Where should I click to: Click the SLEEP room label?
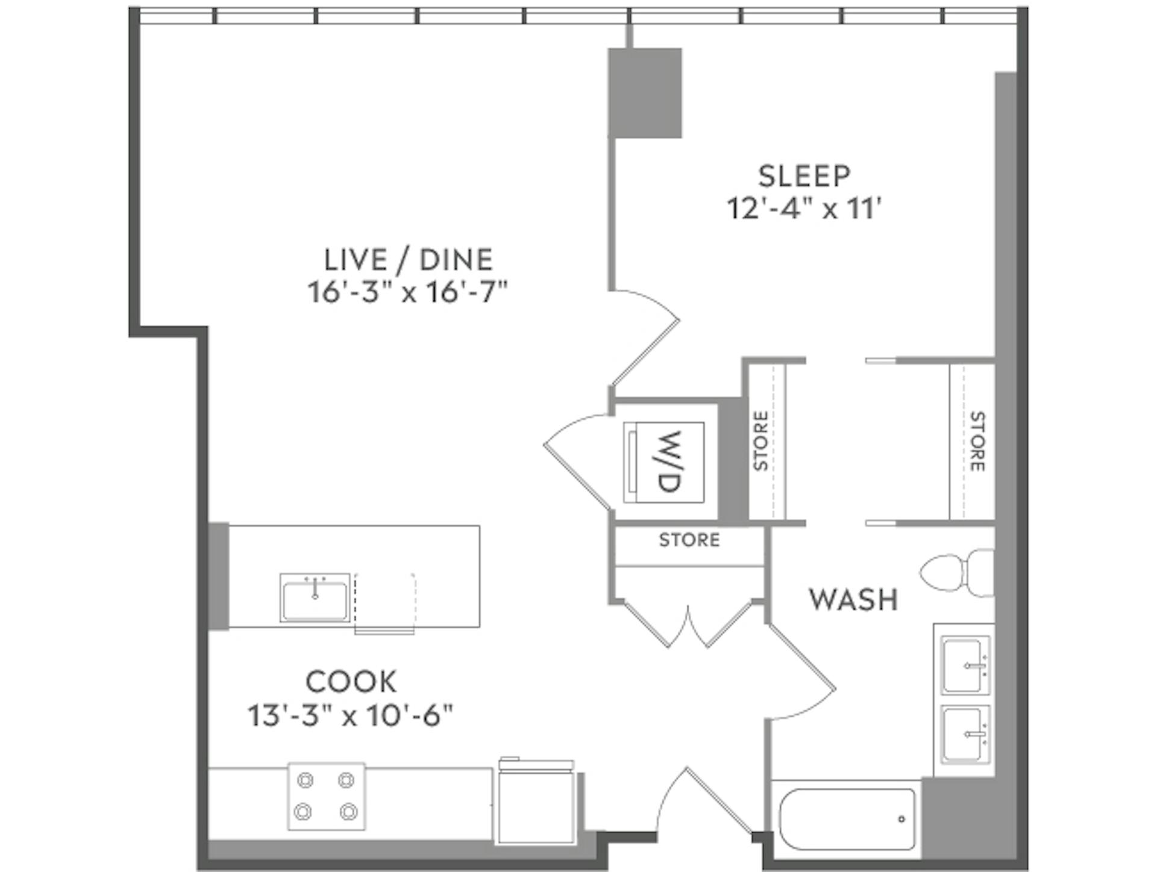804,176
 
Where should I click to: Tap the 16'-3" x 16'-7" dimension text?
408,293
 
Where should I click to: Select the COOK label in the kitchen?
351,682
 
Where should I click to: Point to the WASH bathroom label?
853,600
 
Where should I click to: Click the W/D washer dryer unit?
664,462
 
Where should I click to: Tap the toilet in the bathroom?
957,572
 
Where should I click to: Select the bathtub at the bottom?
847,818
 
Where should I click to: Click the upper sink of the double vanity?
965,665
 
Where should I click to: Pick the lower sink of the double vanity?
965,733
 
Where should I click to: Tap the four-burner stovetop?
326,796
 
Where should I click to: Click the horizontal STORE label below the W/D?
689,540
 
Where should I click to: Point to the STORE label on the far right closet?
977,441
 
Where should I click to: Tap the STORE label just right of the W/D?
760,441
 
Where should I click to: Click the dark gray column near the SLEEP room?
645,93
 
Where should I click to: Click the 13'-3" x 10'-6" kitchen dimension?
351,716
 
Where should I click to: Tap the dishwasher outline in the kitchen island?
384,603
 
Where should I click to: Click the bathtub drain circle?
901,819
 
